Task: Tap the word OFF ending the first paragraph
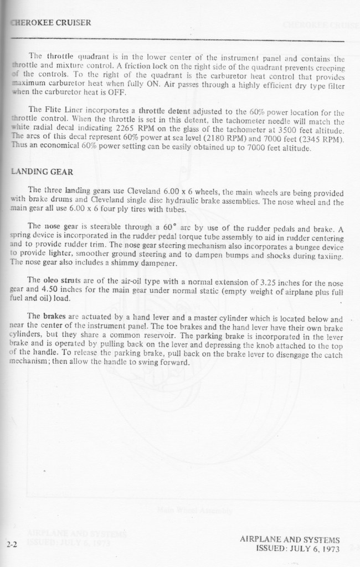click(120, 92)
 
